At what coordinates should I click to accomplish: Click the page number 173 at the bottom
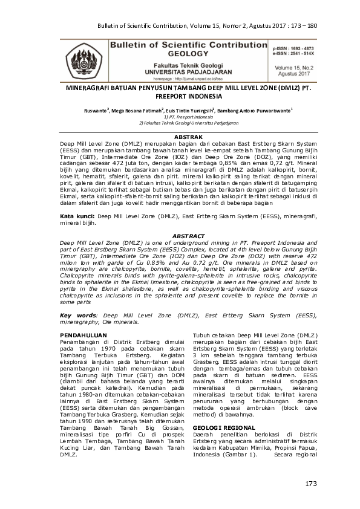pos(311,484)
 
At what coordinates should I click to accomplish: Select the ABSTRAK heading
pos(179,137)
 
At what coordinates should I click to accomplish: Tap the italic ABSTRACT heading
pos(179,235)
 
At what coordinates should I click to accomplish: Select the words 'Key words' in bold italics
pos(78,315)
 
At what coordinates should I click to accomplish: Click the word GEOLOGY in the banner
pos(183,53)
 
